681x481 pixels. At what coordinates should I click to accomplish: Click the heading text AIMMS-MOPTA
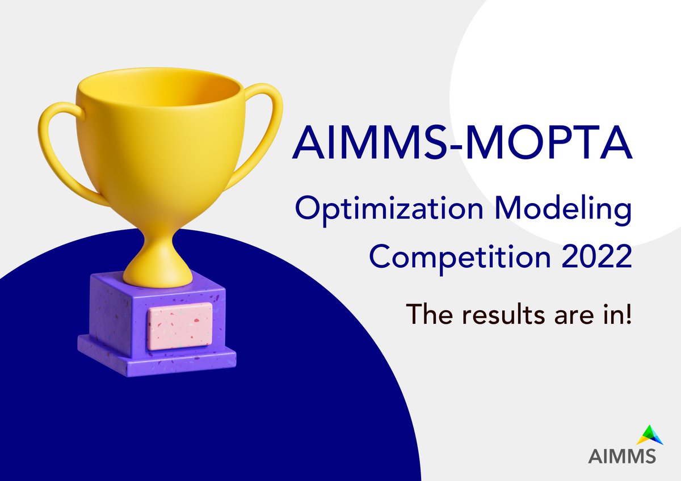pos(462,144)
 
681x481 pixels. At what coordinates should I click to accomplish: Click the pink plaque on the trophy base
pos(180,326)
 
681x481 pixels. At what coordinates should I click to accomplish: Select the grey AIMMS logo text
pos(622,456)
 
